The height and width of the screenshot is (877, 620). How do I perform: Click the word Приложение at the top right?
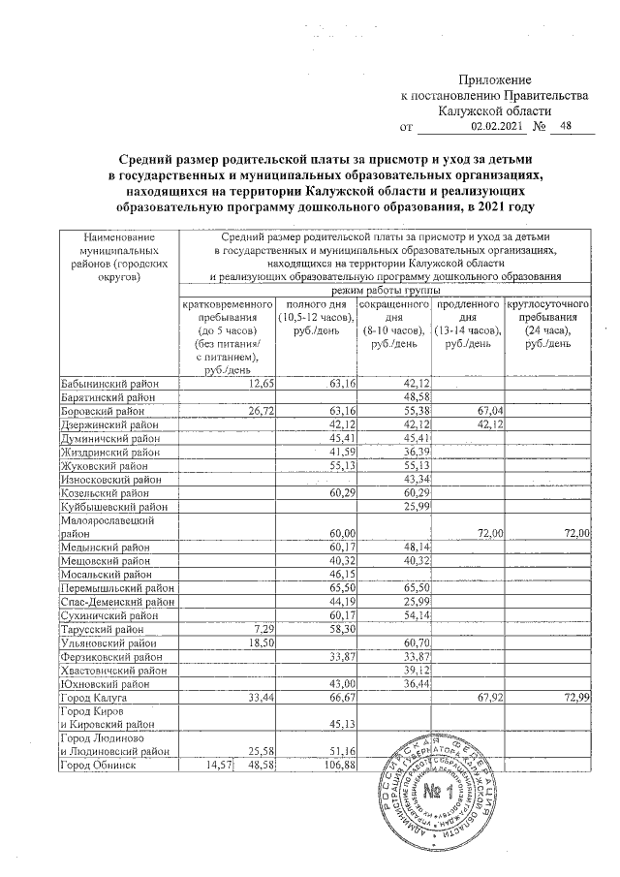click(494, 78)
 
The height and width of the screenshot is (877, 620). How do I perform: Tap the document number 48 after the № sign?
click(567, 126)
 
